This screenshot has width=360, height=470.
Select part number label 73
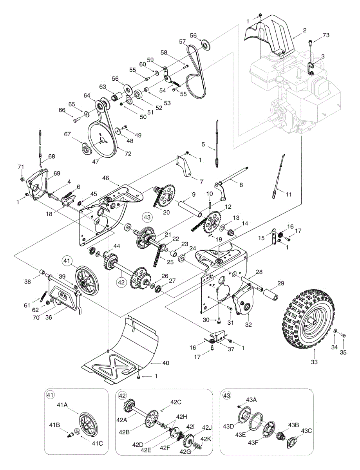coord(326,35)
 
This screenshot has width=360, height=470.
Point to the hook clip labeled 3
coord(311,69)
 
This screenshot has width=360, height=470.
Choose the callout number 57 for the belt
coord(183,41)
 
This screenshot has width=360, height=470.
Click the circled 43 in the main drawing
coord(147,217)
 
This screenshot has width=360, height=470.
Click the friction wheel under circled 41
coord(87,283)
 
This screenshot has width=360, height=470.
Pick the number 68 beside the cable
coord(52,156)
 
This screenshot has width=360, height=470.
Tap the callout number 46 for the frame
coord(106,178)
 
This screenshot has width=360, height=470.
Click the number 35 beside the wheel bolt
coord(343,352)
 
